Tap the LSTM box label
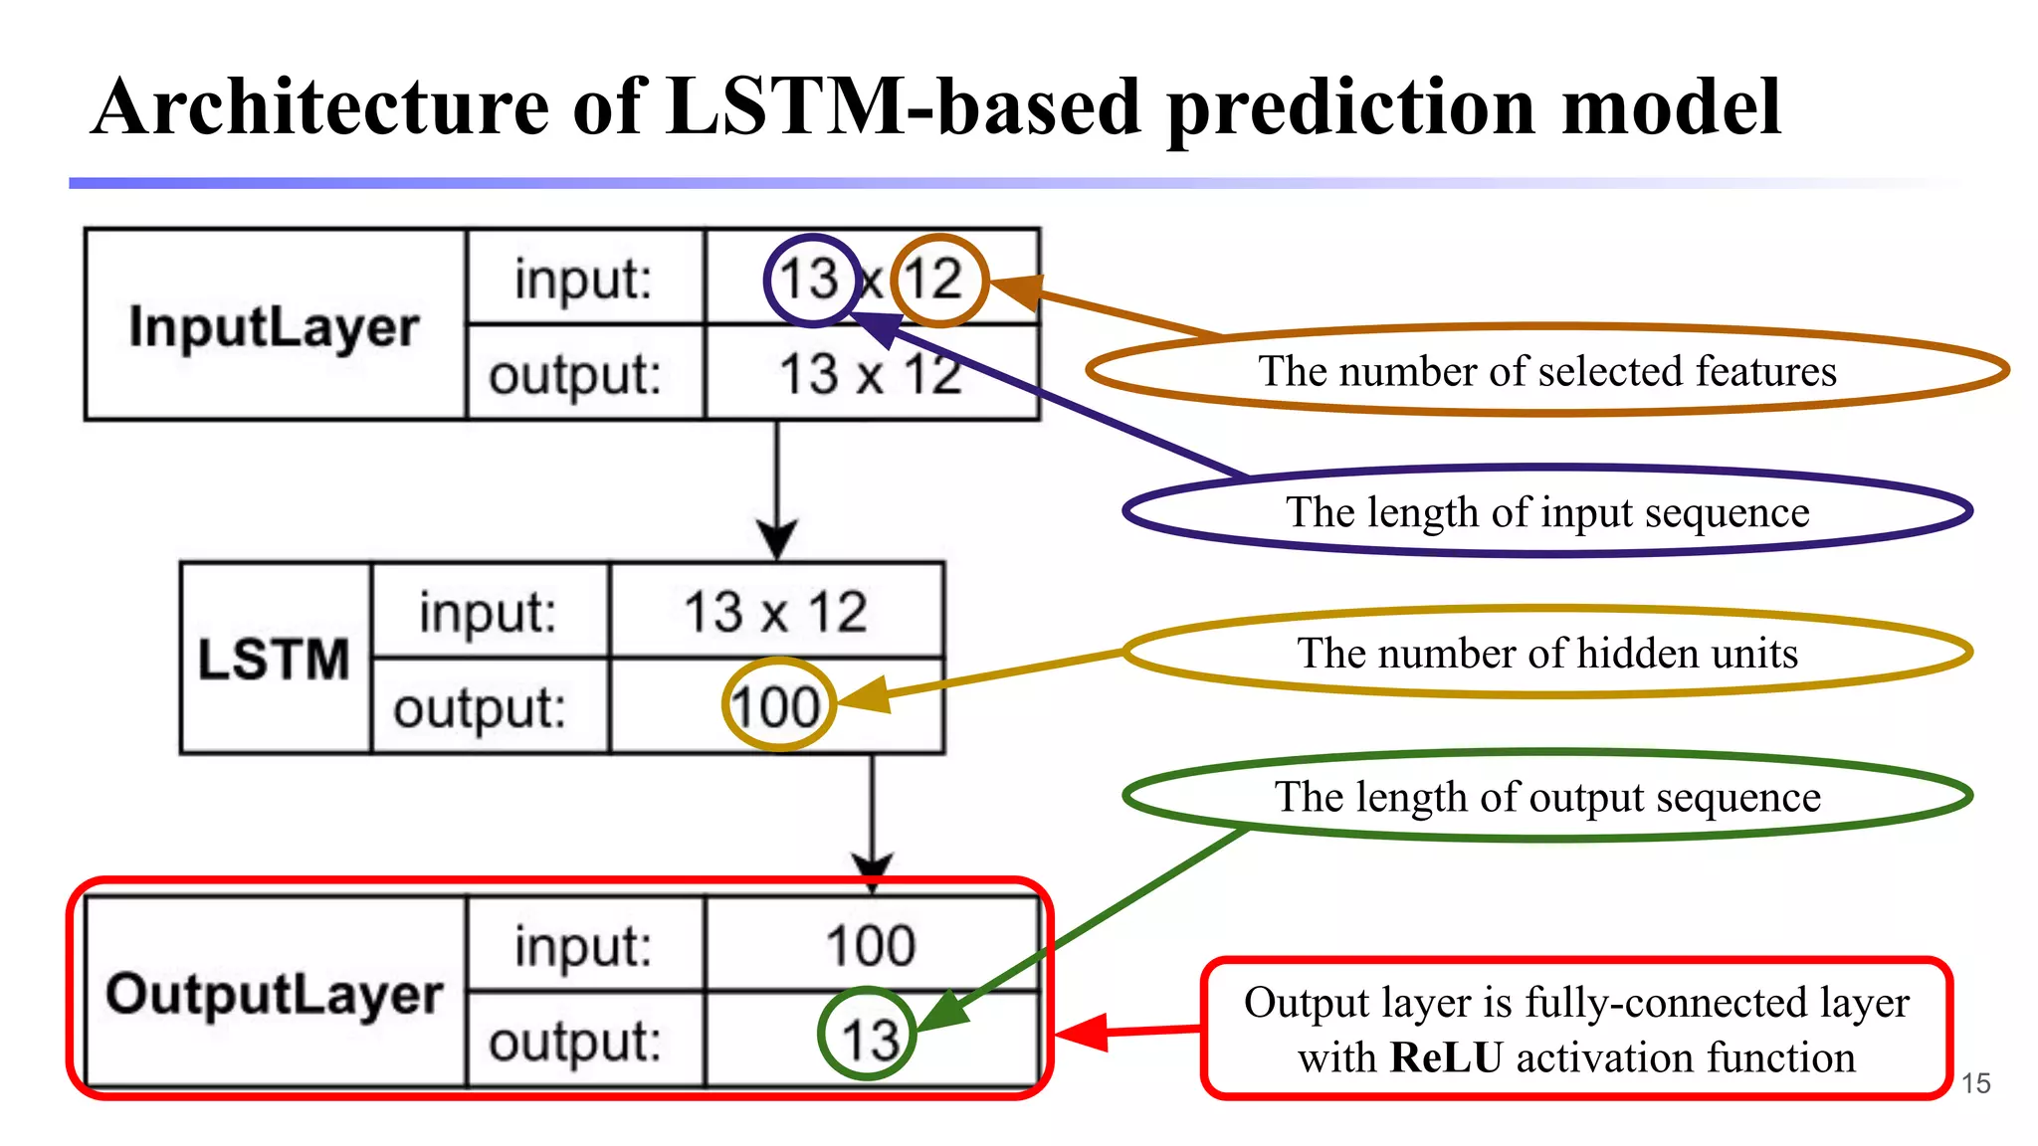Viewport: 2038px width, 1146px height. (274, 659)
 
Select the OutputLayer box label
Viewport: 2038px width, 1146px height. (274, 994)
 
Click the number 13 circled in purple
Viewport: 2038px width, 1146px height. (810, 280)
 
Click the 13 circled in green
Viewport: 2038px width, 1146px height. (869, 1039)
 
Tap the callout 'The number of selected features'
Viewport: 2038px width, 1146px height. (1546, 371)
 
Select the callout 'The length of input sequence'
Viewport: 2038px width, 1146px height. (1546, 512)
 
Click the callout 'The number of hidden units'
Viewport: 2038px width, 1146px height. (1546, 654)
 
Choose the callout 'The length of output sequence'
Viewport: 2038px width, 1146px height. (1546, 797)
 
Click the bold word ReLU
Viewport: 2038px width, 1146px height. (1446, 1057)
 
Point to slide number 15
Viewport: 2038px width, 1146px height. (1975, 1083)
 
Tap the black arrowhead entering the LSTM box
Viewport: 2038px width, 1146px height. (777, 541)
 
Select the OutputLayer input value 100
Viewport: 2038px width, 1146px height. (870, 945)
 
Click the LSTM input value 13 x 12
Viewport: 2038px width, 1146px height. (776, 612)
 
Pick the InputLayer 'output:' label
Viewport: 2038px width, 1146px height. (575, 375)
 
